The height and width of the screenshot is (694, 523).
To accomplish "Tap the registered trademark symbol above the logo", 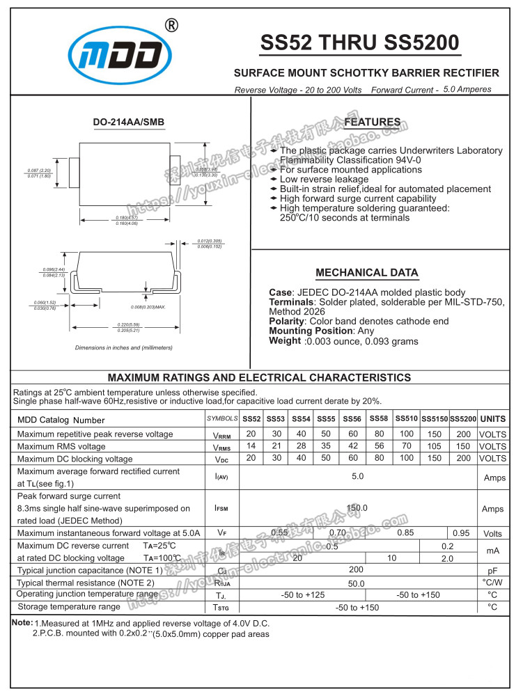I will [x=171, y=26].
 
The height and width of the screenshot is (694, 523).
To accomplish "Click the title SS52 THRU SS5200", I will [x=359, y=43].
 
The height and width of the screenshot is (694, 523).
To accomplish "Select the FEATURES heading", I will [x=373, y=123].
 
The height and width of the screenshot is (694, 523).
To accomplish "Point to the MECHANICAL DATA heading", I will [x=367, y=273].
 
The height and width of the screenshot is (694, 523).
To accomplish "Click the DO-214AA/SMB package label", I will [x=129, y=123].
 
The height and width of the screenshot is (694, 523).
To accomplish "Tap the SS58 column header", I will [x=379, y=418].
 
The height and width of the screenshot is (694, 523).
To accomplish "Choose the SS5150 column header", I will [x=435, y=419].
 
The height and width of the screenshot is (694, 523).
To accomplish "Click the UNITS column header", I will [x=492, y=419].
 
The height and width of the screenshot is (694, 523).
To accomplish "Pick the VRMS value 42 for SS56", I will [x=353, y=446].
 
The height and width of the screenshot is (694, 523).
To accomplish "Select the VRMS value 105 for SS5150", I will [x=435, y=446].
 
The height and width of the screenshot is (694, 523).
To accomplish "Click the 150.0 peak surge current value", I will [x=357, y=508].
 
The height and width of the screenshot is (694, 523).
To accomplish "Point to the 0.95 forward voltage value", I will [x=461, y=533].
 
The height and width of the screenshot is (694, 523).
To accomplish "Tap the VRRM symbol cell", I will [x=221, y=434].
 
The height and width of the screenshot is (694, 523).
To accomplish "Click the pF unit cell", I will [x=492, y=571].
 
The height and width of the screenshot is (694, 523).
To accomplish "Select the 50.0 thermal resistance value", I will [x=357, y=583].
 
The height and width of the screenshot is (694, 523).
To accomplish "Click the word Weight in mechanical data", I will [x=285, y=341].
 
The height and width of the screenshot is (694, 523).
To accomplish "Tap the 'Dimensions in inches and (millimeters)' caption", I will [x=124, y=347].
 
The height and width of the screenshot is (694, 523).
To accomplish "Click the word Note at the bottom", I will [x=22, y=622].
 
